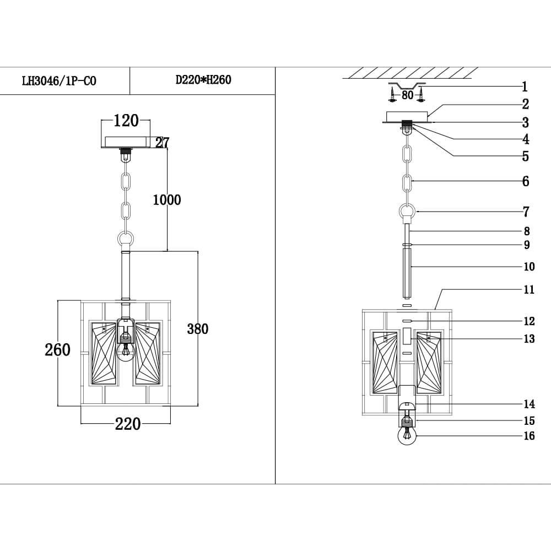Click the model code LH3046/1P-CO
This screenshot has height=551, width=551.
tap(58, 81)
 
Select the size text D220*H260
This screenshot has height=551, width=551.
tap(203, 80)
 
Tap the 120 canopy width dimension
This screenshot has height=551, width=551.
tap(126, 121)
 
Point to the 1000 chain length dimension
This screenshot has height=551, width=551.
tap(166, 199)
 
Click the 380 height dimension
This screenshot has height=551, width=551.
tap(197, 329)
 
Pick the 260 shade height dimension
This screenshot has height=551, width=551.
tap(57, 350)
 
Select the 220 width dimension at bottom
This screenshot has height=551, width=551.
tap(127, 424)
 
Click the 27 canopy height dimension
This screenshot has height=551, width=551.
tap(161, 143)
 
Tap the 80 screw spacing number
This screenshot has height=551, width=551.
tap(407, 95)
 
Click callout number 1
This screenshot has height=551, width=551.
tap(525, 87)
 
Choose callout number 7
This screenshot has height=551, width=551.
tap(526, 212)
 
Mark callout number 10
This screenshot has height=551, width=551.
tap(528, 267)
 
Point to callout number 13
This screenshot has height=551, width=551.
tap(528, 338)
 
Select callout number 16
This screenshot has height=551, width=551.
tap(528, 436)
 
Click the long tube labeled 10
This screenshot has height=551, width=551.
tap(408, 273)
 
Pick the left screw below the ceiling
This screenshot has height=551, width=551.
tap(392, 97)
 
